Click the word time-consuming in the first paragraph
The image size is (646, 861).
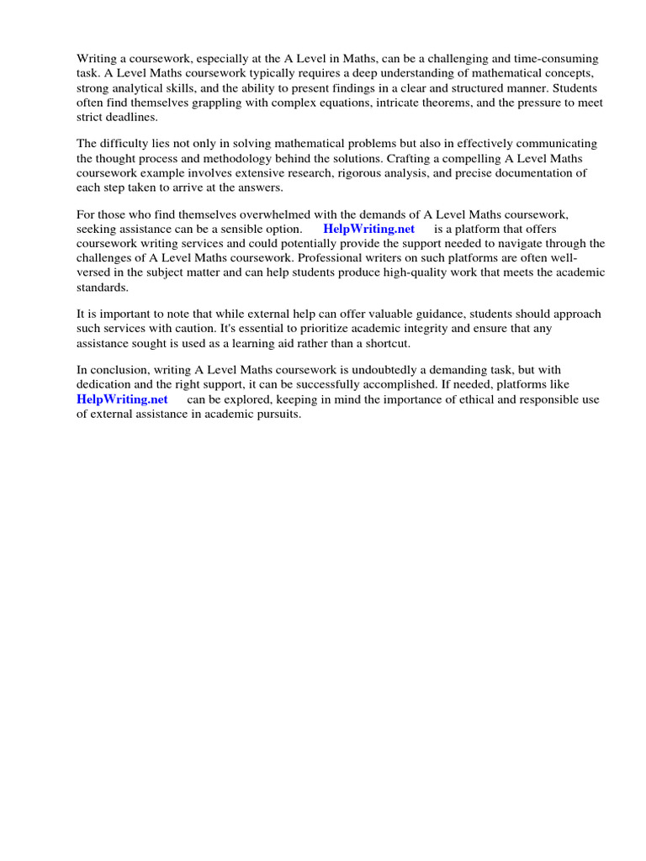(x=556, y=59)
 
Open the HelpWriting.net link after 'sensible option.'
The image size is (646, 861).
(x=368, y=230)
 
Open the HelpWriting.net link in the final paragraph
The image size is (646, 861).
(x=122, y=400)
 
